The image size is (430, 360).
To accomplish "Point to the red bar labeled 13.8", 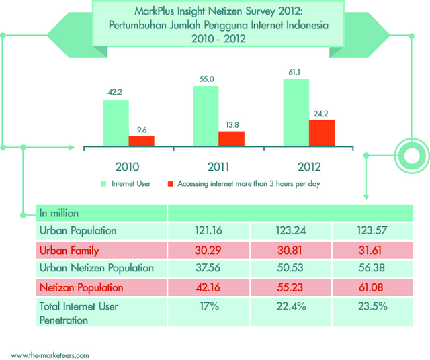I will pos(232,138).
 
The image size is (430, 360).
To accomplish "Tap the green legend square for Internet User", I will pos(104,183).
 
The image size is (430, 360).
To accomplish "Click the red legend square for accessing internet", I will pos(171,183).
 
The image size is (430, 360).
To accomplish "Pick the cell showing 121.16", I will pos(208,231).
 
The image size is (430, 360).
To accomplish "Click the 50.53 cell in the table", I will pos(290,268).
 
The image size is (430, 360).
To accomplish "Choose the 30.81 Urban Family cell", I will pos(290,250).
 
